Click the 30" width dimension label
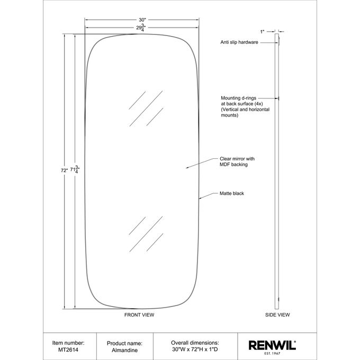click(142, 20)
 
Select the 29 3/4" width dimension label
click(141, 28)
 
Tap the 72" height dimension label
click(64, 170)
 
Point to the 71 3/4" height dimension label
click(75, 169)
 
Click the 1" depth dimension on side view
click(262, 32)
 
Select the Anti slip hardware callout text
click(239, 42)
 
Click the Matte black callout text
click(232, 193)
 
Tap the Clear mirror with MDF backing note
click(237, 161)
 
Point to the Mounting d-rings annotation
click(245, 106)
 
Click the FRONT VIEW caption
click(139, 315)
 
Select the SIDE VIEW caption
click(277, 315)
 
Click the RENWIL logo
click(272, 346)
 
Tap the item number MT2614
click(68, 349)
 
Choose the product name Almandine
click(124, 350)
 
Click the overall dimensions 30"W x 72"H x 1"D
click(195, 349)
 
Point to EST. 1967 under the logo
click(272, 353)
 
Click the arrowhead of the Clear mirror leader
click(187, 168)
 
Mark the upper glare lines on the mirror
click(146, 109)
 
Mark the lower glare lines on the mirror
click(146, 234)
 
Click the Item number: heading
click(68, 343)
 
